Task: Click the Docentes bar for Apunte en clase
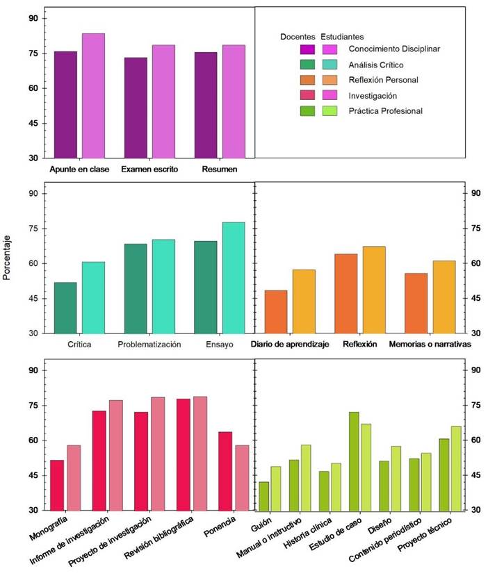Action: point(65,105)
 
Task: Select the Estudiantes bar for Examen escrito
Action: point(163,102)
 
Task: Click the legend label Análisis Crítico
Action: point(375,65)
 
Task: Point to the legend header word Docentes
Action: point(298,36)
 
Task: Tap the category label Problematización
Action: point(149,345)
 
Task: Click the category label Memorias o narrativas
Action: point(430,345)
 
